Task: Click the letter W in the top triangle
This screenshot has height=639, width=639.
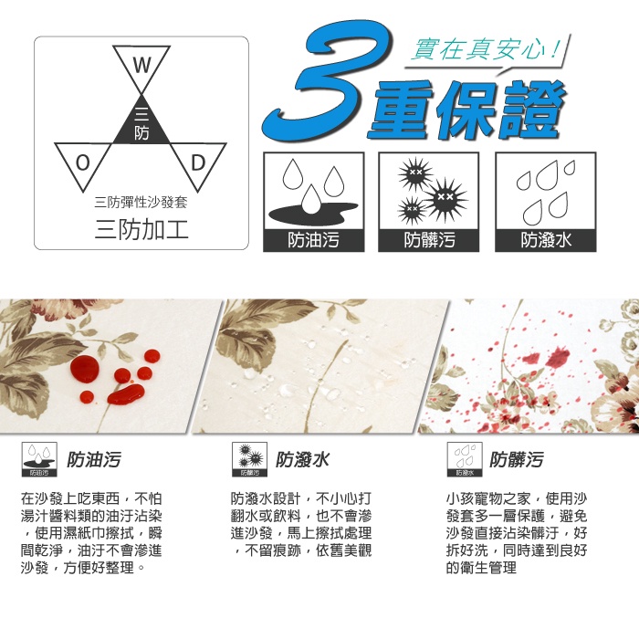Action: pos(141,66)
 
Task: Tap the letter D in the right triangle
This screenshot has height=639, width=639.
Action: pos(197,162)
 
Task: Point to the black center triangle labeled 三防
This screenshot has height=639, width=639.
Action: pos(141,123)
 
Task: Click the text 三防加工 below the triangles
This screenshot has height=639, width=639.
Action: pos(141,227)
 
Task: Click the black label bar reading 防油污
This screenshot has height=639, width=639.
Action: pos(312,240)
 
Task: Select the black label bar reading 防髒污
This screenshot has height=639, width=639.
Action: pos(429,240)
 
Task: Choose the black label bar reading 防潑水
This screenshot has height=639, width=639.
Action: pos(545,240)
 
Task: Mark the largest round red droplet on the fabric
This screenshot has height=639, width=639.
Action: pos(85,369)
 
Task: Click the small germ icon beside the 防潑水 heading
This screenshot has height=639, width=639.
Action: pos(250,459)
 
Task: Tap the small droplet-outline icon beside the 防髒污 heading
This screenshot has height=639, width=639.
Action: pos(465,459)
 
